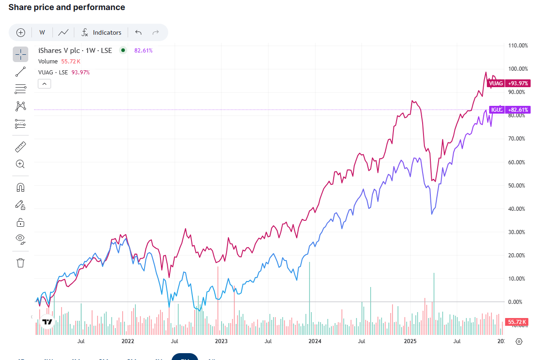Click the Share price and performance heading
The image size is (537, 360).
click(x=67, y=7)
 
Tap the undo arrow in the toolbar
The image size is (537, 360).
click(x=139, y=32)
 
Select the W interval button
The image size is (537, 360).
click(x=42, y=32)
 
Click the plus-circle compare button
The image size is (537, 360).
click(x=21, y=32)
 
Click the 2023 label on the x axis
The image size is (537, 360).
click(x=221, y=341)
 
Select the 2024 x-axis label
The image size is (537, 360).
click(x=315, y=341)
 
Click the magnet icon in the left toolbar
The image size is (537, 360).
click(x=21, y=188)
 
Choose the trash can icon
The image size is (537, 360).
click(x=21, y=262)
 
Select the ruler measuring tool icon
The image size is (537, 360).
click(x=21, y=147)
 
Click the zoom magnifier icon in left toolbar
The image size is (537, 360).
click(x=21, y=164)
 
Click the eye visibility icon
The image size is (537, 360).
click(x=21, y=239)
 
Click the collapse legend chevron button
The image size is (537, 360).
click(x=45, y=83)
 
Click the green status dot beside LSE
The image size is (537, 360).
click(x=123, y=51)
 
